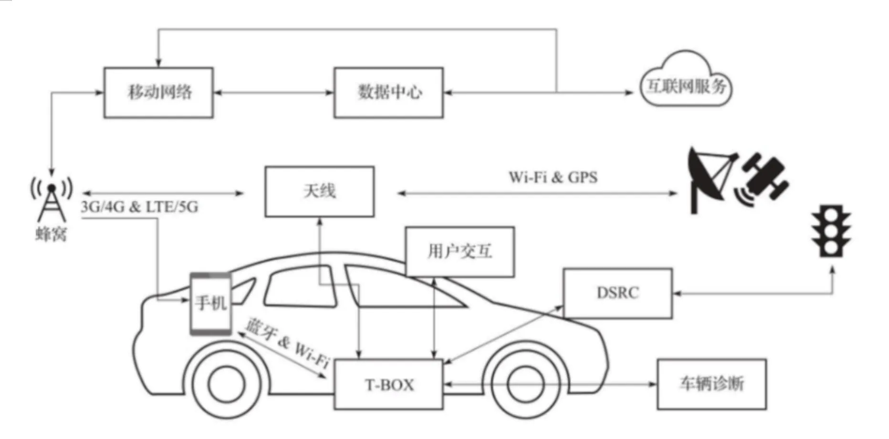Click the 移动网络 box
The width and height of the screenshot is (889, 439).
(x=158, y=93)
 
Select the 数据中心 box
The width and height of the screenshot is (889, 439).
(x=388, y=93)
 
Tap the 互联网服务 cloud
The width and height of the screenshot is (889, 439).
(x=685, y=85)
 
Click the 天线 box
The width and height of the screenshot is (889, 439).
(x=319, y=191)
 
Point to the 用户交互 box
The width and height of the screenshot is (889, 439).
(x=460, y=251)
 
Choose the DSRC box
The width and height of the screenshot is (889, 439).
(x=617, y=293)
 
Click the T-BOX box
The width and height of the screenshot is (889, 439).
(x=388, y=385)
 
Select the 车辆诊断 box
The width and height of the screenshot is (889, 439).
(x=711, y=384)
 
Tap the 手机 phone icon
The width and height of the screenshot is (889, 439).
(x=210, y=303)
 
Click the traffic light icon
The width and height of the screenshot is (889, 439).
(x=832, y=231)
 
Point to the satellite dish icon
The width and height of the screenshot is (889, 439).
(x=710, y=179)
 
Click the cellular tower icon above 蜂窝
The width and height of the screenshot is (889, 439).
(x=51, y=200)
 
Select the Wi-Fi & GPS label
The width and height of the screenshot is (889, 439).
(x=553, y=178)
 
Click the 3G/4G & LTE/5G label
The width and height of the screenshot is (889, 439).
(x=139, y=207)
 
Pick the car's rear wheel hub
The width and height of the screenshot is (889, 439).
(x=226, y=385)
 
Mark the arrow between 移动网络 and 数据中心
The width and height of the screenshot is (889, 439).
(x=273, y=93)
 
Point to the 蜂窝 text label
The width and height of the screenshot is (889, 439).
(x=51, y=234)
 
